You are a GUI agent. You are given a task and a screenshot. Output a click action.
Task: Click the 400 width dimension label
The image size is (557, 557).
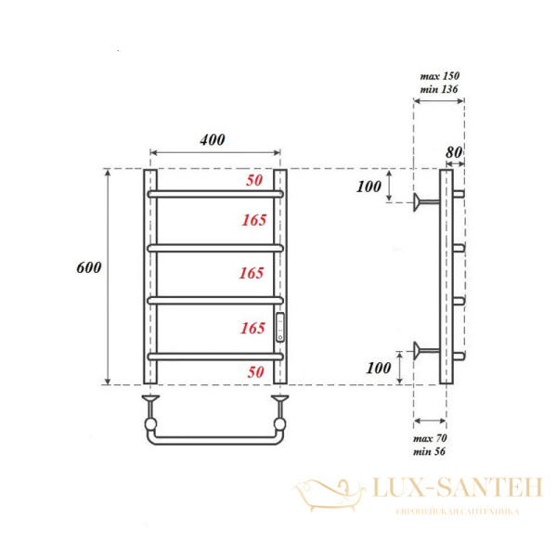coord(213,140)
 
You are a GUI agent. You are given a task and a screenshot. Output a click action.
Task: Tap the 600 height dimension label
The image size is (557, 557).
coord(89,267)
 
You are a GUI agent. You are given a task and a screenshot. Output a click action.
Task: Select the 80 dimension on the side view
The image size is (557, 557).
coord(454,152)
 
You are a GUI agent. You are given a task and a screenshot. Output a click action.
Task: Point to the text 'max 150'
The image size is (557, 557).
coord(439,75)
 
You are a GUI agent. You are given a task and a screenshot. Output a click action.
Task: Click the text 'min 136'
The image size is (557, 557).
coord(439,89)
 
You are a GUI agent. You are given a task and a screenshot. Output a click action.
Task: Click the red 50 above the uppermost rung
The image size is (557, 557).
coord(254,181)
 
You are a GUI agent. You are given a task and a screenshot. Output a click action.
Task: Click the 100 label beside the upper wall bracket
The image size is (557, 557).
coord(369,187)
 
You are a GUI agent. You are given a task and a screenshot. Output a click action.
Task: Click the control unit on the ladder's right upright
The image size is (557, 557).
coord(282,326)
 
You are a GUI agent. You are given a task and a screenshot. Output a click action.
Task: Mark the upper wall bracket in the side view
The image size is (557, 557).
coord(427,201)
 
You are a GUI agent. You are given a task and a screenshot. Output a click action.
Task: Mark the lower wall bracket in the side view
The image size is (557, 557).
coord(427,350)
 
